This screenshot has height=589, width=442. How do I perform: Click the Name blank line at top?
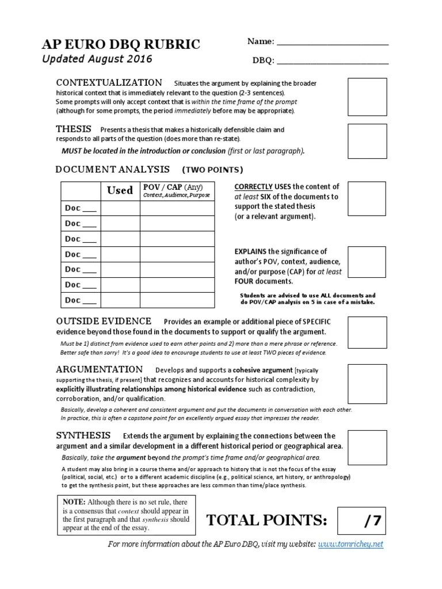point(333,43)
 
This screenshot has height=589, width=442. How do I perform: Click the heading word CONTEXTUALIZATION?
point(109,82)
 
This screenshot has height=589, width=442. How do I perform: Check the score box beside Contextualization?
point(367,97)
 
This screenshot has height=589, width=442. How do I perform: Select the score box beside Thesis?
point(367,141)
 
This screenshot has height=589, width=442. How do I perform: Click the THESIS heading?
point(74,129)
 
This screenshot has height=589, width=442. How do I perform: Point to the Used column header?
point(120,190)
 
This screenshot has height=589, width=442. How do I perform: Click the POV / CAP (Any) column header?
point(172,188)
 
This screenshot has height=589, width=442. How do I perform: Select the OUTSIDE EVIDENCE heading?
point(104,321)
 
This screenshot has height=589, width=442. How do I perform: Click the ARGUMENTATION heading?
point(99,369)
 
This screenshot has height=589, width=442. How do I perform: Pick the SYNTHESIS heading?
point(83,435)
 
